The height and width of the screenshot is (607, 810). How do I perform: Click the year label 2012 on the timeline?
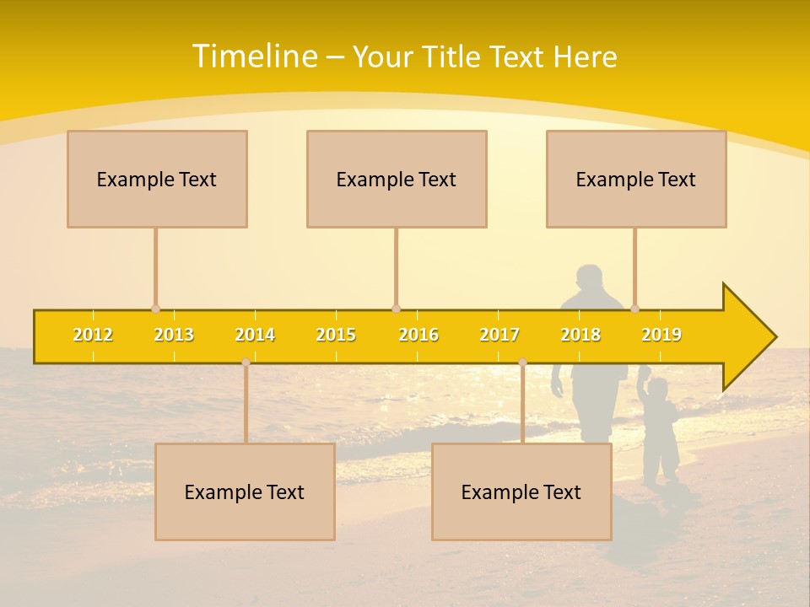(93, 335)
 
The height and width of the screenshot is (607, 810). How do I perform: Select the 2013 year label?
(174, 335)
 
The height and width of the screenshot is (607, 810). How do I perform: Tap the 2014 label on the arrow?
(255, 335)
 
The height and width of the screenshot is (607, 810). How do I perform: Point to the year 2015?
(336, 335)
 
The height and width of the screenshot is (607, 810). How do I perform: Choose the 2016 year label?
(418, 335)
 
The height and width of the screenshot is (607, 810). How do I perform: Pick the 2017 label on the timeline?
(499, 335)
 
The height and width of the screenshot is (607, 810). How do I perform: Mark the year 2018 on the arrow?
(580, 335)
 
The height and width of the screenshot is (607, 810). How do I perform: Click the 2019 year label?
(661, 335)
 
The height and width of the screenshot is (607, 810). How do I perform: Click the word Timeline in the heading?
(254, 56)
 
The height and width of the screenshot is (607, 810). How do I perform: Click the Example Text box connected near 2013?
(157, 179)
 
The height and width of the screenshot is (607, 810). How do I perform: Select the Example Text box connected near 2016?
(397, 179)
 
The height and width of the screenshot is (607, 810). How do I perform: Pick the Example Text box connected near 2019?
(636, 179)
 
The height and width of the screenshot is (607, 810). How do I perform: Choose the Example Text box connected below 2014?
(245, 492)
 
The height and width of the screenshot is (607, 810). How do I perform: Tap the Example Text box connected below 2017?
(521, 492)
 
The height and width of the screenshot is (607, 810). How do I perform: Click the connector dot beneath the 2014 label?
(246, 362)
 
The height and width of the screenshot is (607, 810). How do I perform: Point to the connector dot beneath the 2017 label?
(522, 362)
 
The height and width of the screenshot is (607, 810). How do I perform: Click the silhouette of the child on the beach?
(659, 430)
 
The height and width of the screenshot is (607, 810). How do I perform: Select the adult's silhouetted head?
(590, 279)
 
